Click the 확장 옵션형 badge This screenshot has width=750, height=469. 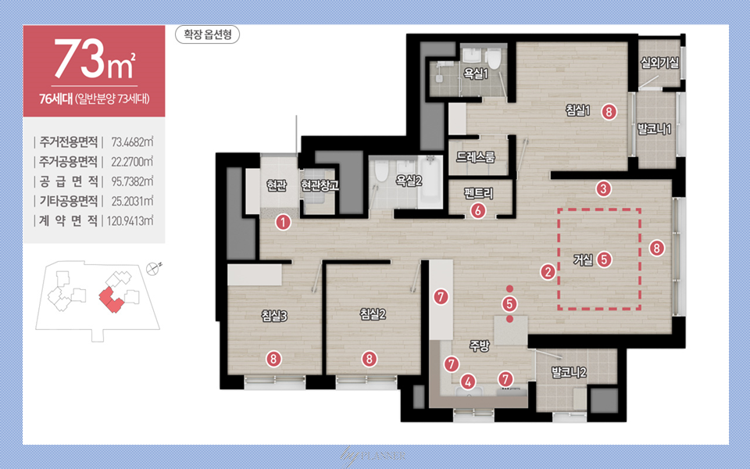(207, 35)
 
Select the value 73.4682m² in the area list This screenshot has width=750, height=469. (131, 142)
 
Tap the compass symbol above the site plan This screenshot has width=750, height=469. (154, 268)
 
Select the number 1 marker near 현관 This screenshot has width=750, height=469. (284, 223)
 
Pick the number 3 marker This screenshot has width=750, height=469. (604, 188)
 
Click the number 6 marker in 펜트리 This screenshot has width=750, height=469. (478, 211)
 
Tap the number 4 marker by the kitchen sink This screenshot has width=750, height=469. (468, 381)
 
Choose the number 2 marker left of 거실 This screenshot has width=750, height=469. (547, 272)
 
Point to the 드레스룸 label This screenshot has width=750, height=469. (476, 156)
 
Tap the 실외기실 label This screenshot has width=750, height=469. (660, 63)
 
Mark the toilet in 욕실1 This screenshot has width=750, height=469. (494, 60)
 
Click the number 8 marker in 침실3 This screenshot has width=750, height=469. (273, 359)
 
